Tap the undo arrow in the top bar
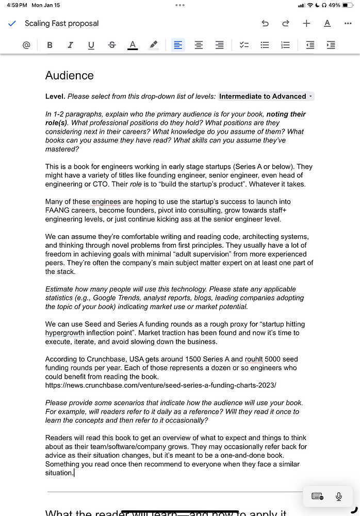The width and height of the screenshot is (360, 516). (x=265, y=23)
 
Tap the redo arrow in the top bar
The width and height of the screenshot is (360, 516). (x=285, y=23)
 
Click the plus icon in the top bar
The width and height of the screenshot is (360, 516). (x=306, y=23)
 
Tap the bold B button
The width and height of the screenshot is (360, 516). (x=50, y=45)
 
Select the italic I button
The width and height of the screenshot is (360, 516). (x=70, y=45)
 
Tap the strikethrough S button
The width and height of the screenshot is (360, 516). (x=112, y=45)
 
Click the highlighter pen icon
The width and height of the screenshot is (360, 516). (x=153, y=45)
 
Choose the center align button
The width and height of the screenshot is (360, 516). (x=199, y=45)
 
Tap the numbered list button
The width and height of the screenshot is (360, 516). (x=285, y=45)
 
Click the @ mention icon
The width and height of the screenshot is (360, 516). (x=26, y=45)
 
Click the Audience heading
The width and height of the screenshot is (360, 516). (x=70, y=75)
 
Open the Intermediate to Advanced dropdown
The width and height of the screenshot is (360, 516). (x=266, y=96)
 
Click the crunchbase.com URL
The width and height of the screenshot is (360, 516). (x=160, y=385)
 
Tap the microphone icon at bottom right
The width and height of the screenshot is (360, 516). (x=339, y=496)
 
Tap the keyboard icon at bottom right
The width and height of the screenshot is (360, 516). (x=318, y=496)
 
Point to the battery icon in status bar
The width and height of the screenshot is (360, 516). (x=348, y=5)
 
